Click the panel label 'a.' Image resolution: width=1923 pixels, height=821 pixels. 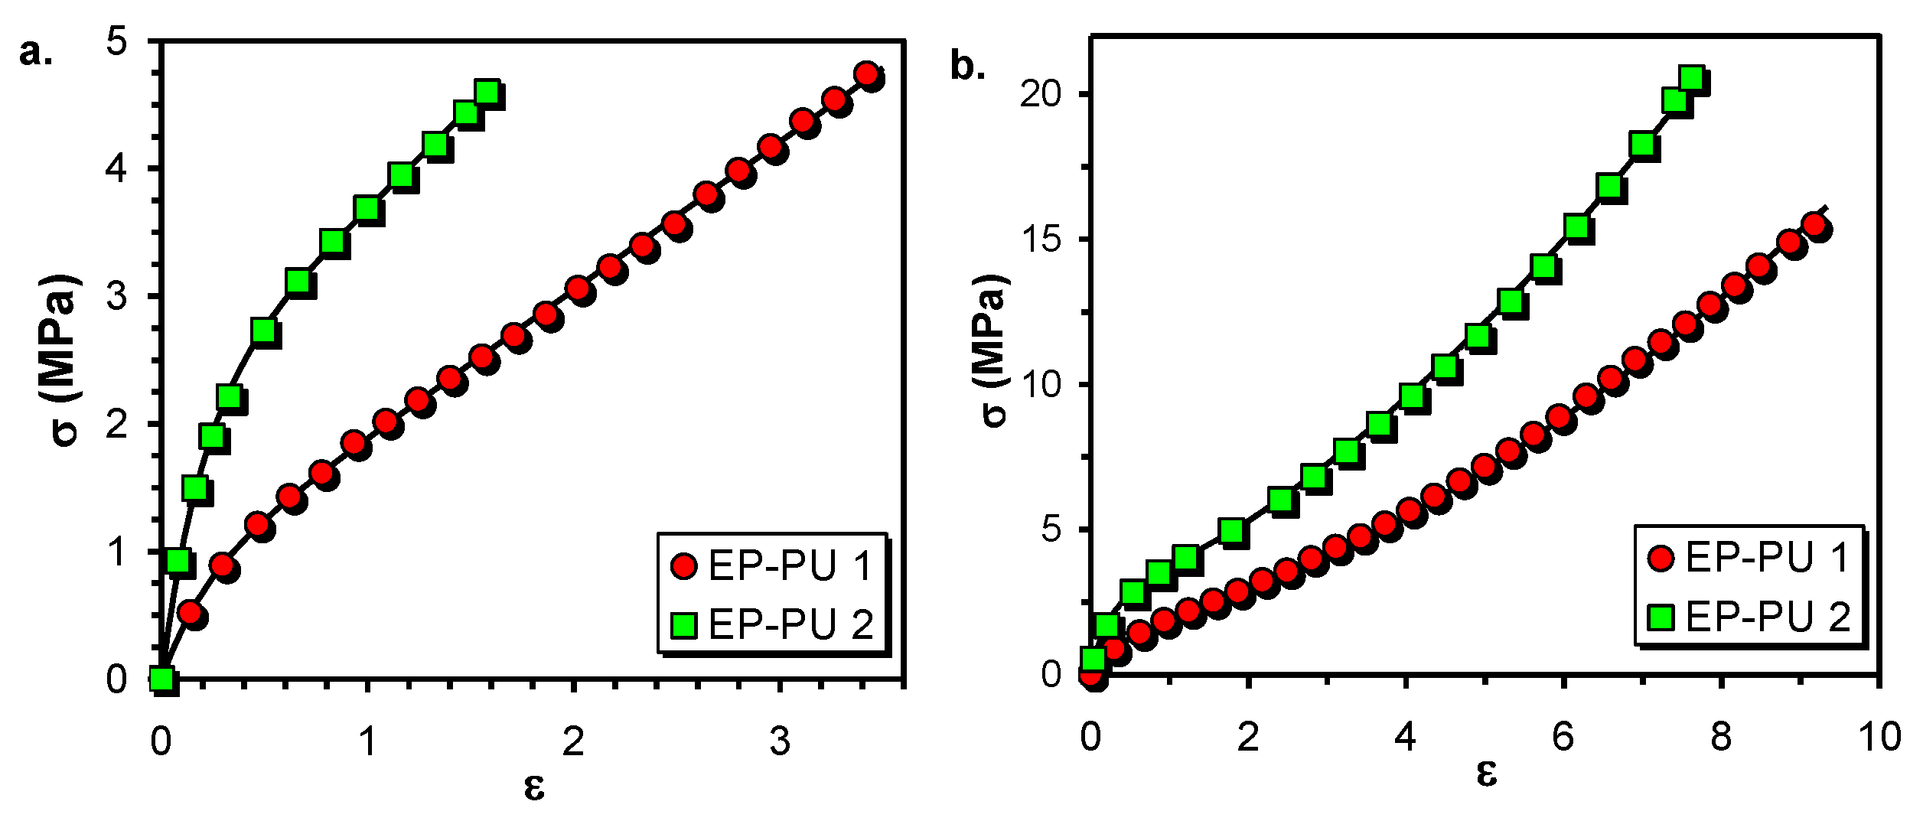click(36, 54)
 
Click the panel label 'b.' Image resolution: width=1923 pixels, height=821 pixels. click(967, 67)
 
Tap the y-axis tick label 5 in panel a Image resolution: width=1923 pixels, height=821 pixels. click(116, 40)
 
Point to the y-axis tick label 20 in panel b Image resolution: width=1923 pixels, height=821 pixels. click(1041, 94)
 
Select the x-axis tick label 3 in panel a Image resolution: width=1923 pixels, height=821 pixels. click(779, 741)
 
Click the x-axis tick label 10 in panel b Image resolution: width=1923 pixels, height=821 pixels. click(1879, 737)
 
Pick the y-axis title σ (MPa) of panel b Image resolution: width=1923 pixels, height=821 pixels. click(992, 349)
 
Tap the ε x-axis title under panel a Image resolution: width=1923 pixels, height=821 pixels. click(534, 787)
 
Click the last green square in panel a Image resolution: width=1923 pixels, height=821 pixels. click(487, 93)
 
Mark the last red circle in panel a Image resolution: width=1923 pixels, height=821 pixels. click(867, 74)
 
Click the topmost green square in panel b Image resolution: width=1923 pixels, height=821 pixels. click(1691, 78)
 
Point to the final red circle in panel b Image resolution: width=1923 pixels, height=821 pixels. click(1814, 225)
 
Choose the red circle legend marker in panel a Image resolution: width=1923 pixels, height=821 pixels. click(683, 566)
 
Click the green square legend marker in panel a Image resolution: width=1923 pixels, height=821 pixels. click(683, 624)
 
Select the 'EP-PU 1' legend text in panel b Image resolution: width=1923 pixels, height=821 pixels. click(1767, 558)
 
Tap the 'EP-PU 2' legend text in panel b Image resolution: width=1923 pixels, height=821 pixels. click(1767, 617)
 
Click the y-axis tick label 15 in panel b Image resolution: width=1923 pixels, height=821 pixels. click(1041, 239)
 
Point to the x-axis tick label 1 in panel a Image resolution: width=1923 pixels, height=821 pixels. click(367, 741)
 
